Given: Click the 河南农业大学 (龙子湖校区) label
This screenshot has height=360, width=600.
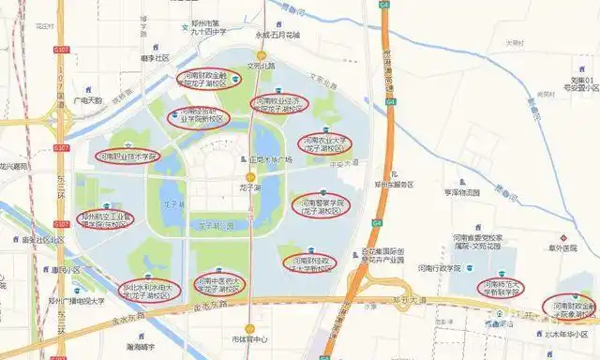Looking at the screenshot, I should click(x=323, y=143).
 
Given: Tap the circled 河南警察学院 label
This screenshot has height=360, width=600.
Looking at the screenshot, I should click(x=321, y=206).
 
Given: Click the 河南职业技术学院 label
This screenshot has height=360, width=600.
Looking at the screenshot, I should click(x=127, y=157).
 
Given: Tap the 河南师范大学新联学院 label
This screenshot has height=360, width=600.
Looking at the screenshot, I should click(x=501, y=287).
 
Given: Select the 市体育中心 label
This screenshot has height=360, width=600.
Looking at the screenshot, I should click(x=249, y=338).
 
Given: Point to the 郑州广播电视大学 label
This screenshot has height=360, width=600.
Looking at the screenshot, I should click(x=76, y=302).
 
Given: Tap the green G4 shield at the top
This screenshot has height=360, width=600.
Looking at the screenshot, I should click(x=384, y=6).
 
